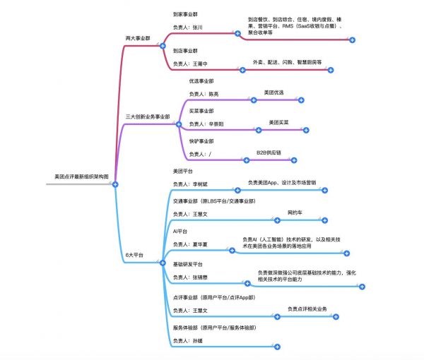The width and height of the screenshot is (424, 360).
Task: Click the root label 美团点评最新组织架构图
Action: [x=79, y=176]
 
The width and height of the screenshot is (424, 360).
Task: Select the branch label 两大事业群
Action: [x=139, y=37]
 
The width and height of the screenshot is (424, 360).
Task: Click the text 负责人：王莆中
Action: [x=191, y=64]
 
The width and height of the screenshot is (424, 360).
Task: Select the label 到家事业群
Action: [x=186, y=13]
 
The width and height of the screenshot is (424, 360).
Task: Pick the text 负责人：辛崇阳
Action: [x=206, y=124]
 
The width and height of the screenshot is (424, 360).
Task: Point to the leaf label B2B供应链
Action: [x=269, y=152]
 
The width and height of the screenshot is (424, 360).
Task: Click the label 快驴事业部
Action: [x=201, y=140]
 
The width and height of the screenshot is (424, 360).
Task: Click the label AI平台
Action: [x=181, y=231]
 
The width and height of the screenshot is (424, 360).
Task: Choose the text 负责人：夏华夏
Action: [x=191, y=244]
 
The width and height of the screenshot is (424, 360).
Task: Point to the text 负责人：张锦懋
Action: [x=191, y=277]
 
